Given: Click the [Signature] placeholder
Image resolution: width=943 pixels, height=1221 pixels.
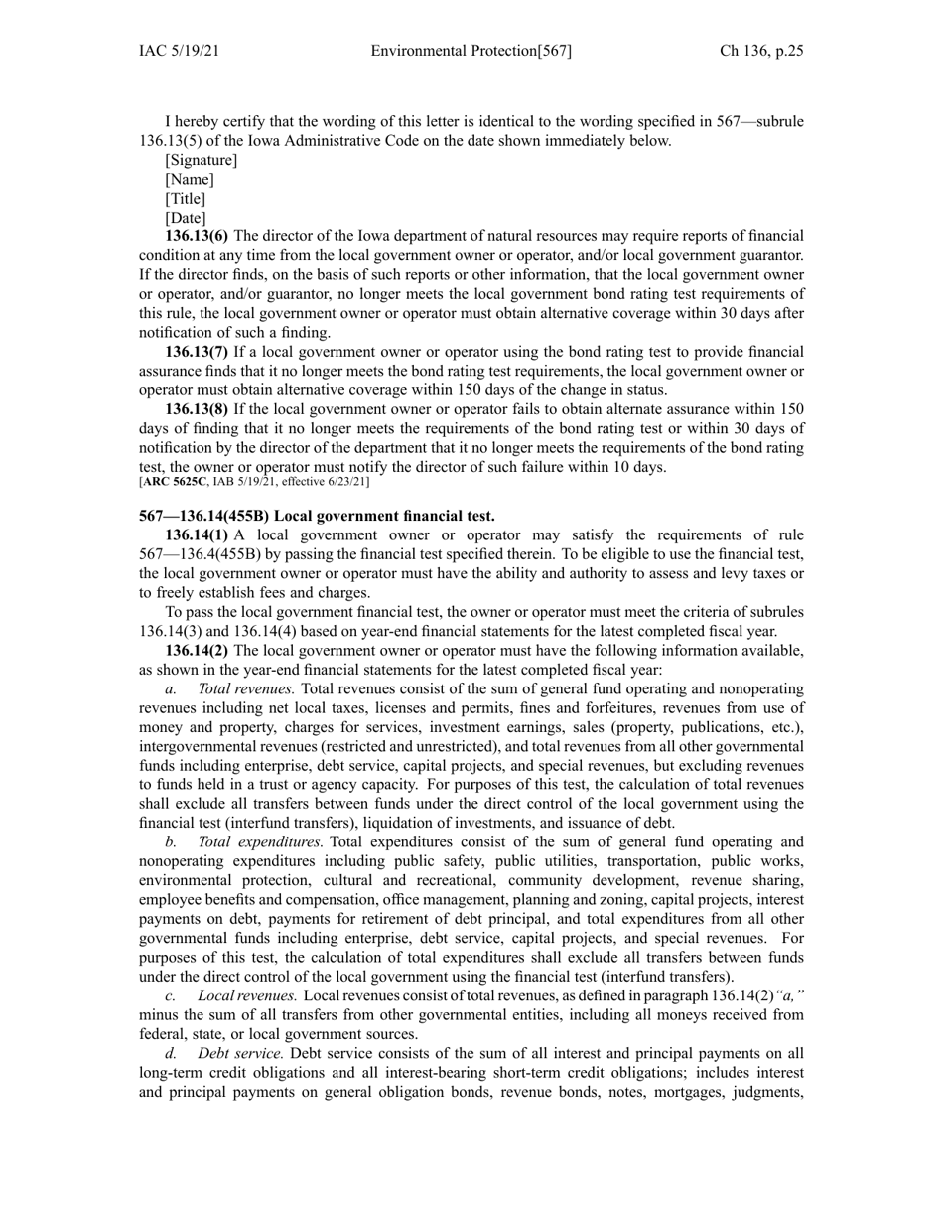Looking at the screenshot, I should [201, 160].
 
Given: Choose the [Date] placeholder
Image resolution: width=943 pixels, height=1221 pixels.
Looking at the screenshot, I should [186, 218].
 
